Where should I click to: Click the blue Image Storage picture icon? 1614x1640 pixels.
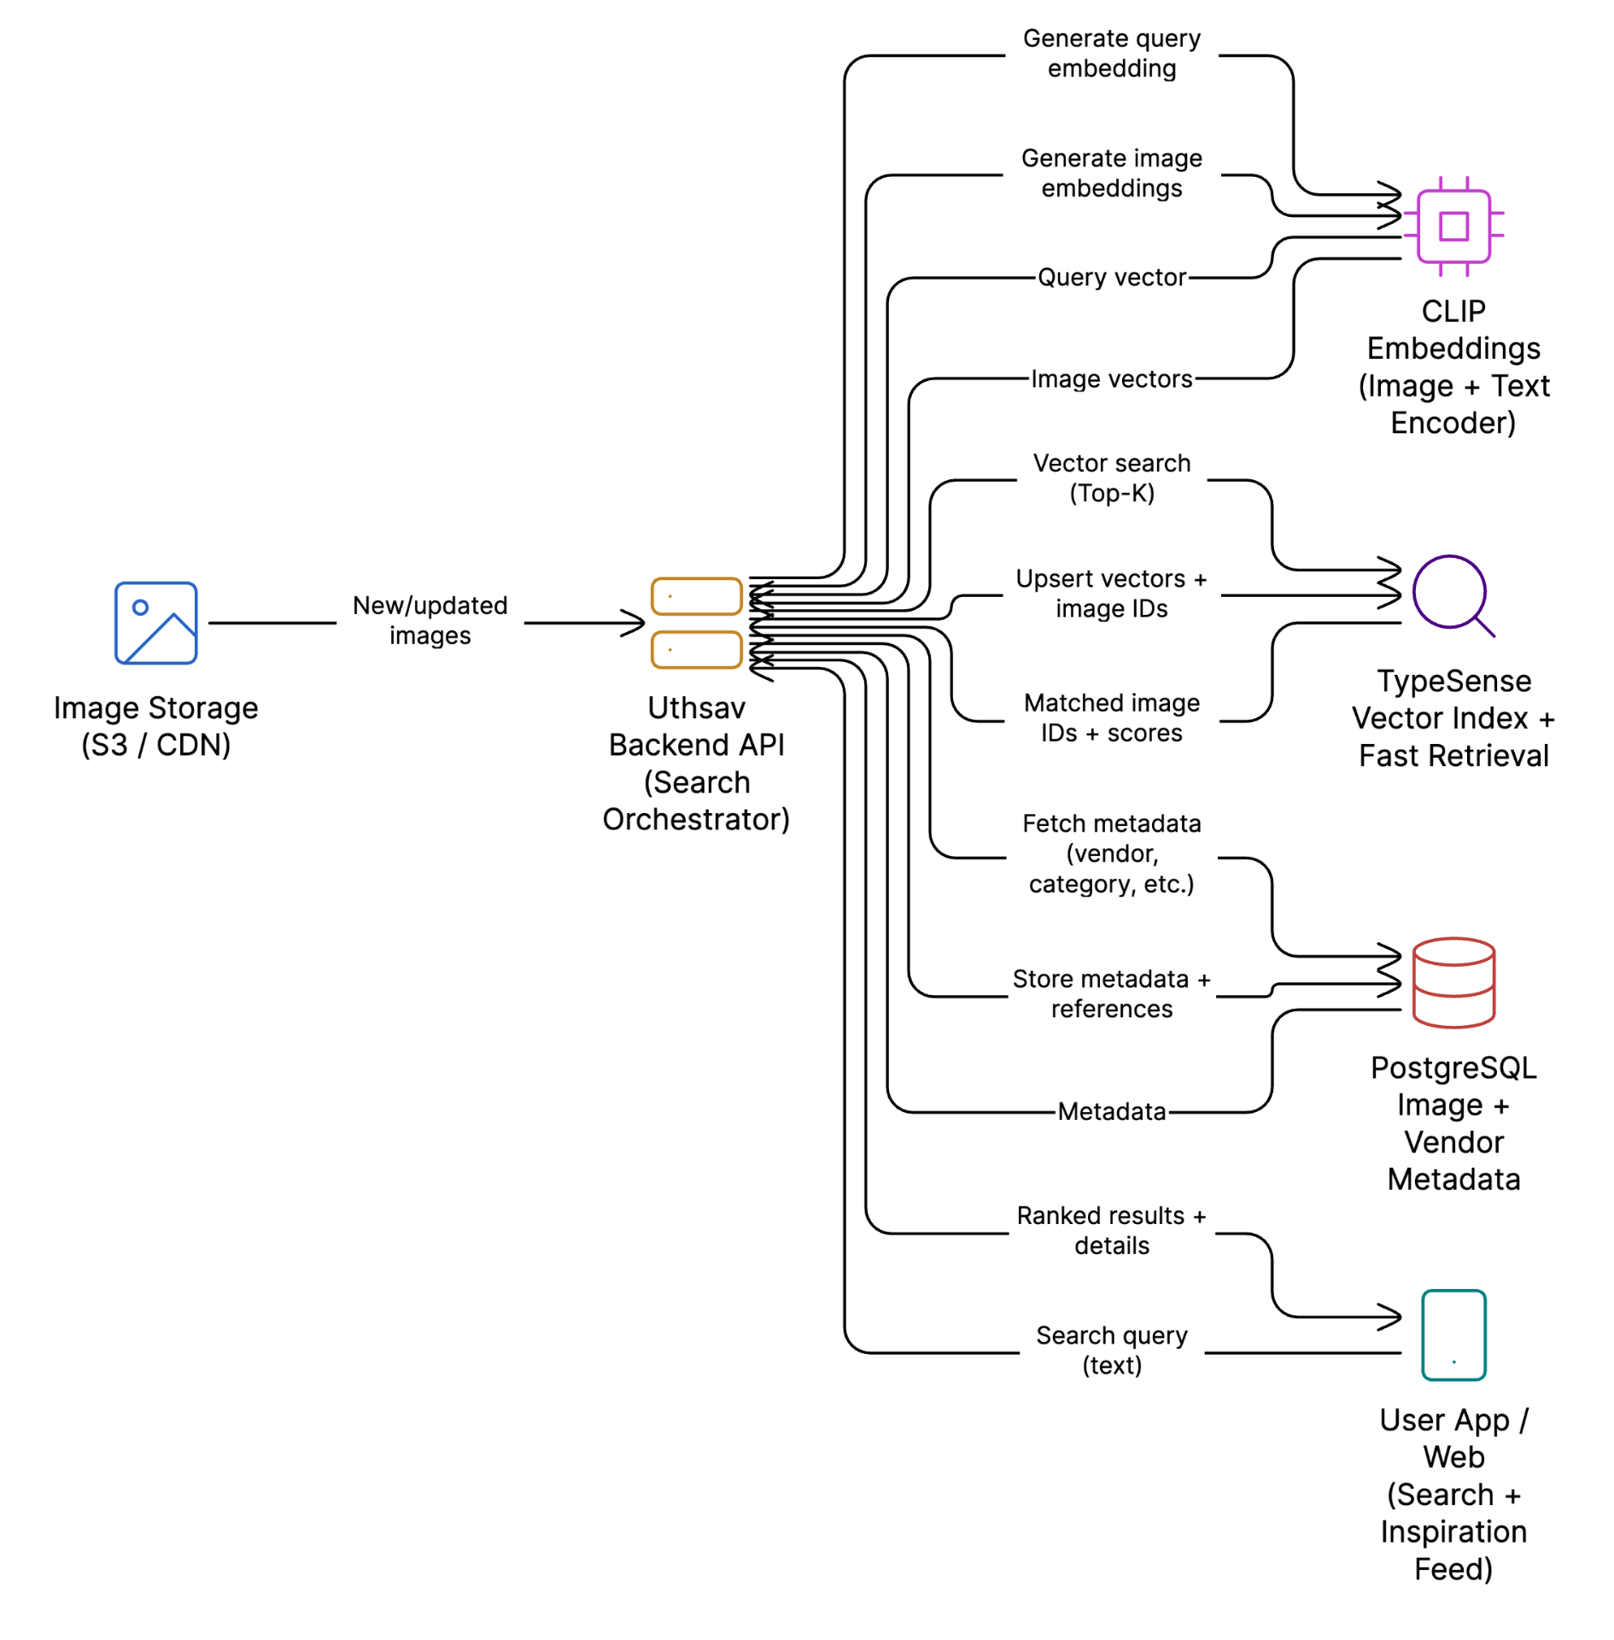tap(155, 623)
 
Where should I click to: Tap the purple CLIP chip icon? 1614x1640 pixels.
tap(1453, 226)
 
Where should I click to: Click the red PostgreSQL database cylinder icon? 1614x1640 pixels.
tap(1453, 982)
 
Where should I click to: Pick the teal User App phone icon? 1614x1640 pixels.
tap(1453, 1334)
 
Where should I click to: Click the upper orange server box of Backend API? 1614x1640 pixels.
tap(696, 596)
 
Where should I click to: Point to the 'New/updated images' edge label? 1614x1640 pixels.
tap(430, 620)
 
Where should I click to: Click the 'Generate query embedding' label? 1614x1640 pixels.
tap(1111, 53)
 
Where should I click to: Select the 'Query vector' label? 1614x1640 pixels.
tap(1111, 278)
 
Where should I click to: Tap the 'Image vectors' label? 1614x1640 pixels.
tap(1111, 378)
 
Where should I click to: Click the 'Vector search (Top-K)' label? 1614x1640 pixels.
tap(1111, 477)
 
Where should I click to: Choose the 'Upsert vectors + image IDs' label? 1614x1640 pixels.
tap(1111, 593)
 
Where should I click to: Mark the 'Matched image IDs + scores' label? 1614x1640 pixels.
tap(1111, 717)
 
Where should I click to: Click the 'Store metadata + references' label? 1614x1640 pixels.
tap(1111, 993)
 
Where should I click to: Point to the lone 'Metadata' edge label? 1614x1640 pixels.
tap(1111, 1111)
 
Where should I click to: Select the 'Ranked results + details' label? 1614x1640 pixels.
tap(1111, 1230)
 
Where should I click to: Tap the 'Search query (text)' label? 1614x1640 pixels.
tap(1111, 1350)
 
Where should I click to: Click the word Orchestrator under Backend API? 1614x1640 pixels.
tap(696, 819)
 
